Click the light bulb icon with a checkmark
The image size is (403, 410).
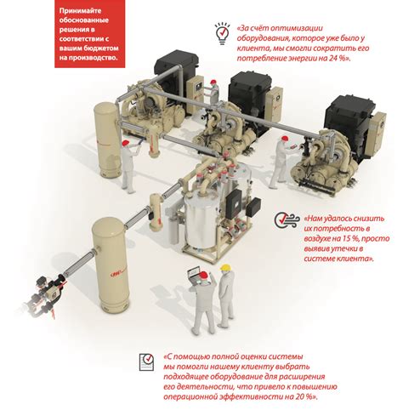point(222,33)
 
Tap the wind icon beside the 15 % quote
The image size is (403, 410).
point(287,219)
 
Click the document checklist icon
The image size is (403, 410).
point(146,362)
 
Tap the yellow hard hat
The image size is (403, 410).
point(225,267)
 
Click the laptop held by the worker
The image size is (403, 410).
point(196,275)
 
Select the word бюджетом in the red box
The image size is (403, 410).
point(101,48)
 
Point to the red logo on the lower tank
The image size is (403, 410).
point(116,274)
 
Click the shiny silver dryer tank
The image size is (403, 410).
point(199,221)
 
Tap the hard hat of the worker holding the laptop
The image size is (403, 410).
point(204,276)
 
